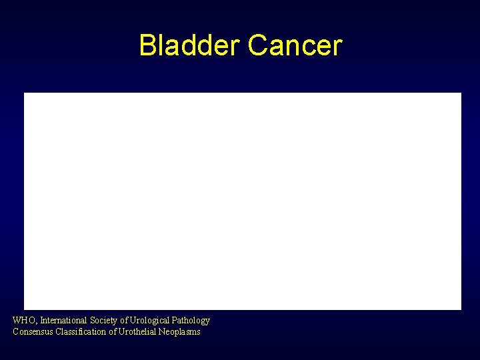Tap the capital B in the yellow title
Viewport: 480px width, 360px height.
[x=147, y=46]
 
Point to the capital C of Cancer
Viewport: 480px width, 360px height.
[x=257, y=46]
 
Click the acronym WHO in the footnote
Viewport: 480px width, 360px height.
[x=23, y=321]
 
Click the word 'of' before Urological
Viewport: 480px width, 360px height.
[x=124, y=321]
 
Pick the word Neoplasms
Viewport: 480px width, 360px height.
[x=179, y=331]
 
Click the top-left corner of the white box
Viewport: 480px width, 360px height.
[x=25, y=93]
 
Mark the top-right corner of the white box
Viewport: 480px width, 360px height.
[x=461, y=93]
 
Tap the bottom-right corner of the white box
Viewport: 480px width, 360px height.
[x=461, y=309]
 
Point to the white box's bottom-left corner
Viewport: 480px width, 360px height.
[x=25, y=309]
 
